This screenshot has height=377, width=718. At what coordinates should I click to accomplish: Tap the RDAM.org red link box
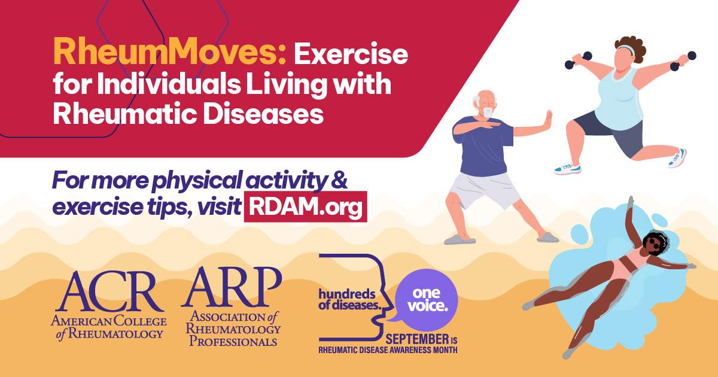(x=306, y=207)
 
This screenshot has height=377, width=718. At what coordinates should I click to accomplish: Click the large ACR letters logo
(x=109, y=292)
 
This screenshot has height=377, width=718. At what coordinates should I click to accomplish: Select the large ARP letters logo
(x=232, y=287)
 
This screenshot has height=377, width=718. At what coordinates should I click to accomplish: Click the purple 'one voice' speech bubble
(x=425, y=300)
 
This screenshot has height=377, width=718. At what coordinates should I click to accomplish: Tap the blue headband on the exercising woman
(x=626, y=49)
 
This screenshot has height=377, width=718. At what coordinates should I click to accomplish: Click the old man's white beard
(x=488, y=113)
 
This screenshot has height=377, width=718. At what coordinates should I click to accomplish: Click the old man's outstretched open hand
(x=549, y=120)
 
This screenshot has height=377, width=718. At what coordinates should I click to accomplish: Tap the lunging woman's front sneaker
(x=568, y=169)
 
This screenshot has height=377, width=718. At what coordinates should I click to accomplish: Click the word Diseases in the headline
(x=263, y=114)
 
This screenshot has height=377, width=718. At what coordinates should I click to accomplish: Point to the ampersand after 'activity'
(x=339, y=180)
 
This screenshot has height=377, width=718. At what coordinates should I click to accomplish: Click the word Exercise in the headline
(x=351, y=54)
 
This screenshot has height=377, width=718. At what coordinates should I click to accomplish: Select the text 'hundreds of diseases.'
(x=349, y=299)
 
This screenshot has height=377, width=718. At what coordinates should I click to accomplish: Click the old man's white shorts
(x=485, y=191)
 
